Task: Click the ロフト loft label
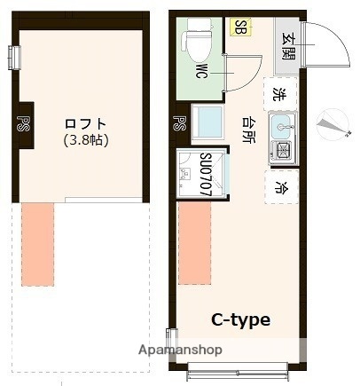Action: pyautogui.click(x=86, y=123)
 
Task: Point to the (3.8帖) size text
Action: pyautogui.click(x=86, y=139)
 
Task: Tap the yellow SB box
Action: pyautogui.click(x=239, y=27)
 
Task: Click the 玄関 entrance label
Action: pyautogui.click(x=289, y=44)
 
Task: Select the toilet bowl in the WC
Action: pyautogui.click(x=195, y=41)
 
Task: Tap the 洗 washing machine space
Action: pyautogui.click(x=279, y=93)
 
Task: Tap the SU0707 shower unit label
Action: pyautogui.click(x=205, y=174)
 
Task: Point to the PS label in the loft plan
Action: pyautogui.click(x=24, y=122)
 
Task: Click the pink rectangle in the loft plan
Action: pyautogui.click(x=38, y=244)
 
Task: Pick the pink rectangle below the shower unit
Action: pyautogui.click(x=194, y=244)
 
